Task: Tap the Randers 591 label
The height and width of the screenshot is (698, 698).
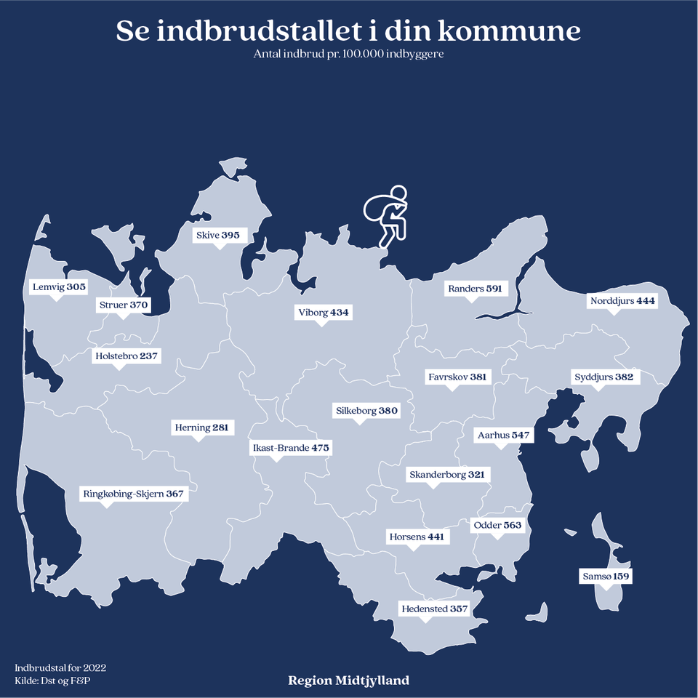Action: [x=475, y=289]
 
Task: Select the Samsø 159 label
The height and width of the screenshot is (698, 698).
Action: [x=606, y=577]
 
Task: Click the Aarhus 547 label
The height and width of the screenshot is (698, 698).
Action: [x=503, y=436]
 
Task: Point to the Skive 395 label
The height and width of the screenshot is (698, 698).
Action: [x=217, y=236]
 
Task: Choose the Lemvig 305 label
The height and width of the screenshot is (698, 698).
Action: [x=59, y=287]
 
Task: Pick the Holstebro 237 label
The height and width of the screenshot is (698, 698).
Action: [x=127, y=356]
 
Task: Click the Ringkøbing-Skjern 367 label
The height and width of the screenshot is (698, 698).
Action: [x=134, y=494]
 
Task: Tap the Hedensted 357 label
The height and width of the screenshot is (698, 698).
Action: [x=434, y=609]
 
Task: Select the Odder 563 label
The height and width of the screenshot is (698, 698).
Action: [x=497, y=525]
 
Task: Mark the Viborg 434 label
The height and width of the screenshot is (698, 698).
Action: [x=324, y=313]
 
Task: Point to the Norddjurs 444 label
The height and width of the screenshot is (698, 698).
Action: [x=622, y=300]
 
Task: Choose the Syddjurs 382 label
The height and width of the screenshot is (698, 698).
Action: [x=603, y=377]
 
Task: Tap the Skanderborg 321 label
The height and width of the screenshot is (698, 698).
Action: [x=446, y=475]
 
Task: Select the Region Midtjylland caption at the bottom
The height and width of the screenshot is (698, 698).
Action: [x=349, y=681]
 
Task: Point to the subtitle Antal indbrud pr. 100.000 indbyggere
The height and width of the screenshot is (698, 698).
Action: [x=349, y=55]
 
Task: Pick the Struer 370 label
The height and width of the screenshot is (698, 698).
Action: [x=123, y=305]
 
